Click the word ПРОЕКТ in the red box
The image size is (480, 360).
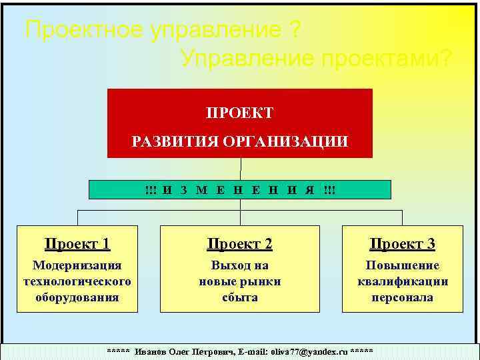click(239, 113)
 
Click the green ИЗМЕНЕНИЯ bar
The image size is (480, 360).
click(240, 190)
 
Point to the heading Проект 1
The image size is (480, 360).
click(77, 244)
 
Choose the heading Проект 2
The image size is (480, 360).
click(239, 244)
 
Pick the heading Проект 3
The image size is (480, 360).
click(403, 244)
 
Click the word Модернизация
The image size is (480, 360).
click(77, 265)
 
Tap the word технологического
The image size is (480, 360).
click(77, 281)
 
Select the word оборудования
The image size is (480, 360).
click(77, 297)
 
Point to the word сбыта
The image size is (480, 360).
click(239, 297)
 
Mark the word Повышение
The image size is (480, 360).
click(403, 265)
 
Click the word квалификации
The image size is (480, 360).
click(403, 281)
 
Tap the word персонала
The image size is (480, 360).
click(403, 297)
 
